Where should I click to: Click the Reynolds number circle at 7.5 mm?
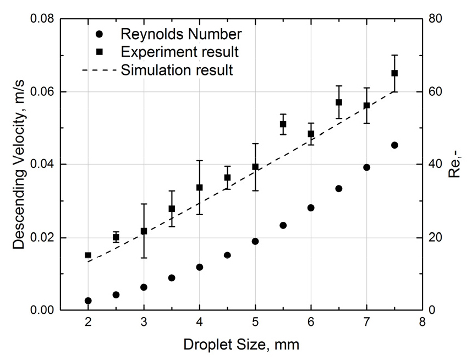pos(394,145)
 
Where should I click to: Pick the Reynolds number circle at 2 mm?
pos(88,301)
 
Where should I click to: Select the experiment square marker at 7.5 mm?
pos(394,73)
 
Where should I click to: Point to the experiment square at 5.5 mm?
pos(283,124)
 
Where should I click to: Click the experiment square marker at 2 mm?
pos(88,255)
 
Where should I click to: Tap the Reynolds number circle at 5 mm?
pos(255,241)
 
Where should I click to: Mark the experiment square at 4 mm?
pos(200,188)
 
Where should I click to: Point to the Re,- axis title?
pos(455,165)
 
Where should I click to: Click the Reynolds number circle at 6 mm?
pos(311,208)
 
